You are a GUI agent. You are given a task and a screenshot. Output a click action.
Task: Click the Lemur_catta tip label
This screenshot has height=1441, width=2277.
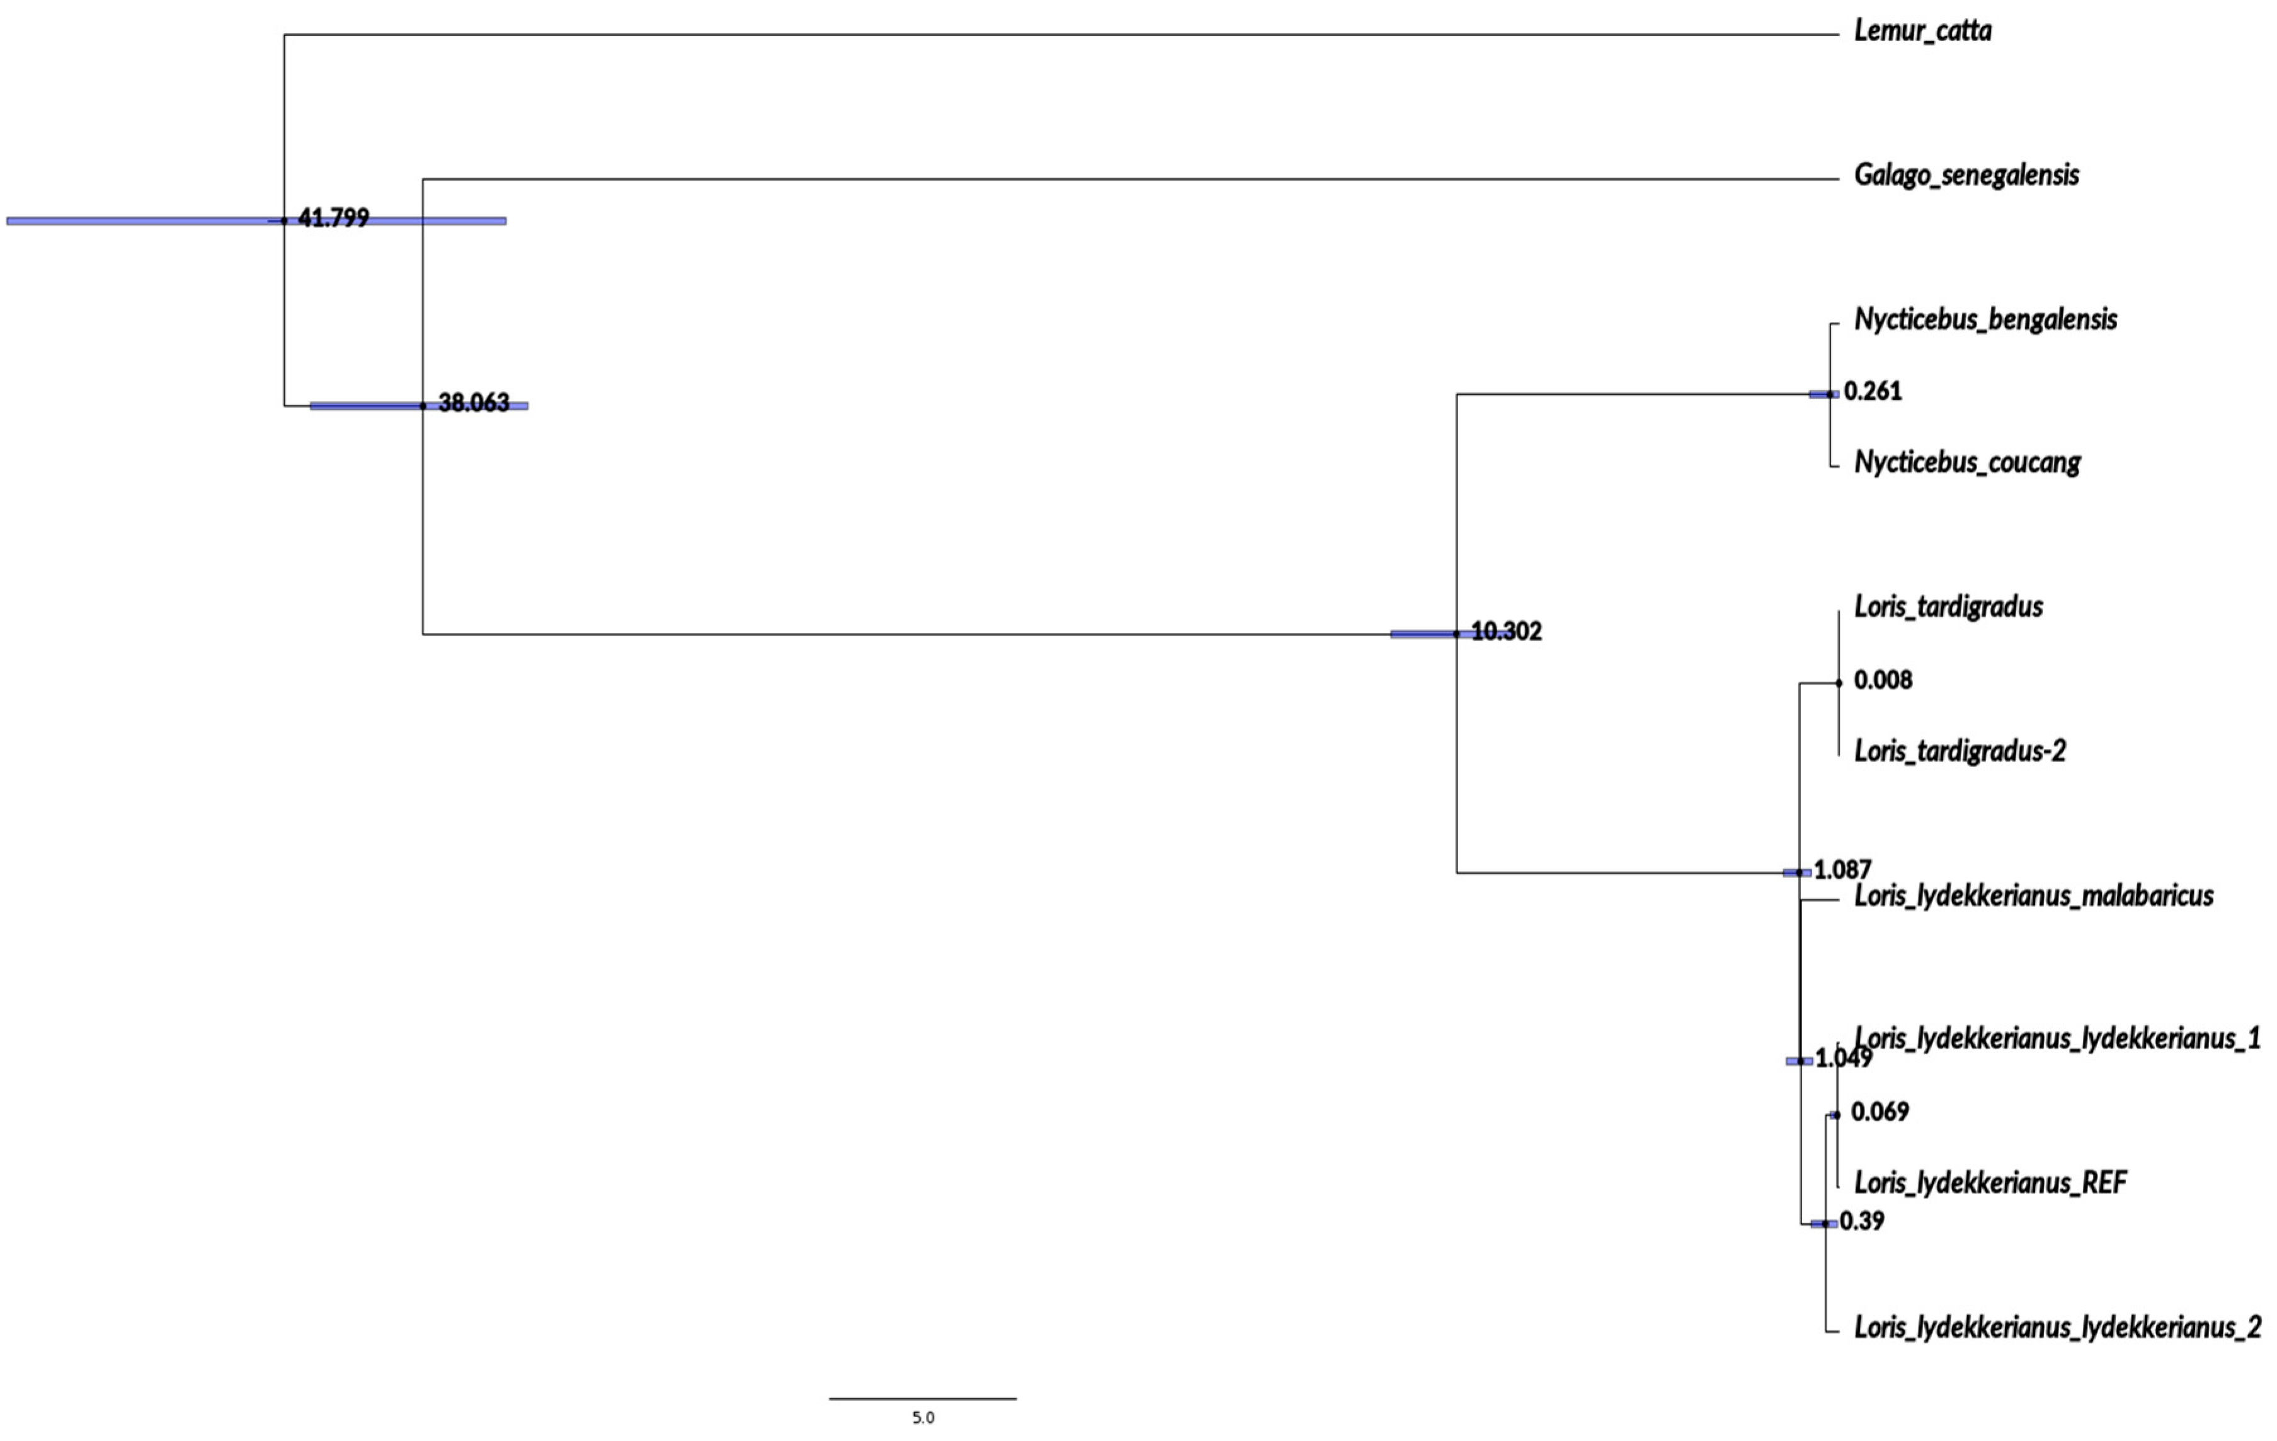pyautogui.click(x=1922, y=31)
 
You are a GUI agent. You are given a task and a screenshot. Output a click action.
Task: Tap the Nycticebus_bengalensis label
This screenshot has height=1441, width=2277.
pyautogui.click(x=1985, y=319)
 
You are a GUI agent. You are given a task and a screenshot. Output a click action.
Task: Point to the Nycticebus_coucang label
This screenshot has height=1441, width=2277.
pyautogui.click(x=1967, y=462)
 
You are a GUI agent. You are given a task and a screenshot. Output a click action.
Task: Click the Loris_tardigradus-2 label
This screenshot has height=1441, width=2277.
pyautogui.click(x=1960, y=751)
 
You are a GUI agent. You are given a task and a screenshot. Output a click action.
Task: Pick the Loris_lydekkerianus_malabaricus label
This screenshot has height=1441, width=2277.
pyautogui.click(x=2033, y=896)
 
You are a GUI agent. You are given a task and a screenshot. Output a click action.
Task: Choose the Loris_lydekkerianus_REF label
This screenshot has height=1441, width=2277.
pyautogui.click(x=1990, y=1183)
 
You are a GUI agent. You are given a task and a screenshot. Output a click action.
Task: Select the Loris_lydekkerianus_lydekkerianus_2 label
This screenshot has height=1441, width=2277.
pyautogui.click(x=2057, y=1328)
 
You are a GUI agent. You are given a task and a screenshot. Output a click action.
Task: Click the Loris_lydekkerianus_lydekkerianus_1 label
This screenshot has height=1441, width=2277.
pyautogui.click(x=2057, y=1038)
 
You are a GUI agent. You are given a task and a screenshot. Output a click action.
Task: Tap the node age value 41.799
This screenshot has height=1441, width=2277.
pyautogui.click(x=333, y=219)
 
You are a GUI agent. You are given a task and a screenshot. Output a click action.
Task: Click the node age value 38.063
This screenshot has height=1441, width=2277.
pyautogui.click(x=474, y=403)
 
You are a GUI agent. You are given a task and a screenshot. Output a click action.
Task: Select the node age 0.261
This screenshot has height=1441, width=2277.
pyautogui.click(x=1872, y=390)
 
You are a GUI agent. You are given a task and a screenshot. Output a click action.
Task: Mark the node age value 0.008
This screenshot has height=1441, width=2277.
pyautogui.click(x=1883, y=680)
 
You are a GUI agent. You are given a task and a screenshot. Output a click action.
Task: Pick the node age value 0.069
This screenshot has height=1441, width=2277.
pyautogui.click(x=1880, y=1111)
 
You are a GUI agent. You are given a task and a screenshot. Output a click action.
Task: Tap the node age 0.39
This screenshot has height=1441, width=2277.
pyautogui.click(x=1862, y=1221)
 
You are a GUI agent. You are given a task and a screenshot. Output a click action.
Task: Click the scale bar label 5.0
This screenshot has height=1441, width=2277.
pyautogui.click(x=923, y=1417)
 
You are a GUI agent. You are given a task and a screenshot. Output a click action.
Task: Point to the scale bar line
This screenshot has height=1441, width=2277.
pyautogui.click(x=923, y=1398)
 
